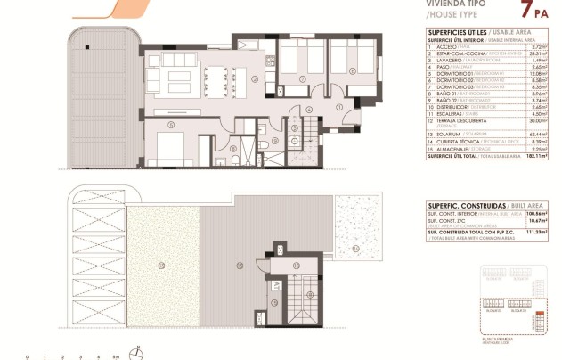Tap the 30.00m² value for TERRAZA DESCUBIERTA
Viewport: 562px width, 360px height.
(x=532, y=121)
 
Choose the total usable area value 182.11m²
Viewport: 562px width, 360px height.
(x=530, y=155)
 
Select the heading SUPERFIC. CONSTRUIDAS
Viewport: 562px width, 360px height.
(x=461, y=205)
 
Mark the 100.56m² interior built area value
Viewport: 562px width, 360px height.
(x=530, y=214)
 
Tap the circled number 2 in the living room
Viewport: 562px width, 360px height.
(x=256, y=78)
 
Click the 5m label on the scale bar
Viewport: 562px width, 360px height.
(x=116, y=356)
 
